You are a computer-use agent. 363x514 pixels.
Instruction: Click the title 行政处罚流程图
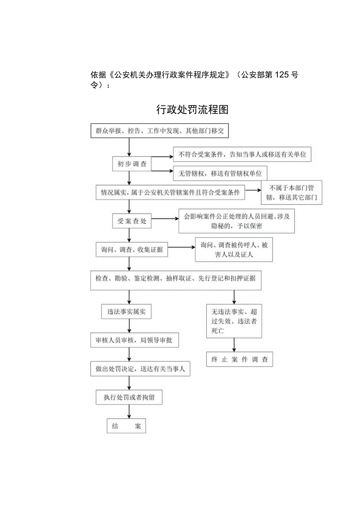click(x=192, y=109)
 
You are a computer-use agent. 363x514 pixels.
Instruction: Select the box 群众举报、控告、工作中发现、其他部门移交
click(x=159, y=131)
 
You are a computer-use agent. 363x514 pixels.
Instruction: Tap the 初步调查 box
click(x=132, y=164)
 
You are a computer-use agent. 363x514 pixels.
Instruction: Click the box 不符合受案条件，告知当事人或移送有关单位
click(x=242, y=154)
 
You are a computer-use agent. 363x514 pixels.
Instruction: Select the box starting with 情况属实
click(x=170, y=193)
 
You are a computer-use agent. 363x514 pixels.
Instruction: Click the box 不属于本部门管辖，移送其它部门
click(x=291, y=193)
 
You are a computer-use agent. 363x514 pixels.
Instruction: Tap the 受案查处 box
click(x=132, y=221)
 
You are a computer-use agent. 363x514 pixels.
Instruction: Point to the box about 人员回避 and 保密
click(x=236, y=221)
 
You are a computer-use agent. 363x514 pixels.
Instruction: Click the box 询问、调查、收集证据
click(x=131, y=250)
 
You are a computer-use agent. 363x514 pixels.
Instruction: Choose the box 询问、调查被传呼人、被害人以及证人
click(x=234, y=250)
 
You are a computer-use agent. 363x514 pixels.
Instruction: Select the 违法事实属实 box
click(x=126, y=312)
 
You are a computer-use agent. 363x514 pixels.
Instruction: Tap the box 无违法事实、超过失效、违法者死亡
click(x=234, y=321)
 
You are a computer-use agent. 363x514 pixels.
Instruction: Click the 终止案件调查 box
click(x=239, y=359)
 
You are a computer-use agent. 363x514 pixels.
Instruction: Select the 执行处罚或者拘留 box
click(x=129, y=397)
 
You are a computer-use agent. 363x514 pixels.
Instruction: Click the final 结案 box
click(x=126, y=426)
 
